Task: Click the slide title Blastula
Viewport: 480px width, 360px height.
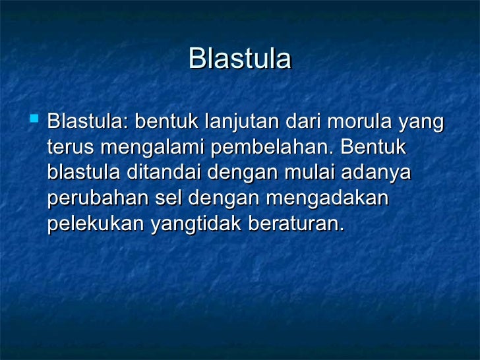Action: [x=239, y=59]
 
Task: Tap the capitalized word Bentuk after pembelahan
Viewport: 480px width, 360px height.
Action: [x=373, y=148]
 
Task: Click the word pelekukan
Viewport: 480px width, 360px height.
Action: [x=96, y=224]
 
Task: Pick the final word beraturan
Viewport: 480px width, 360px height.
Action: [x=295, y=224]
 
